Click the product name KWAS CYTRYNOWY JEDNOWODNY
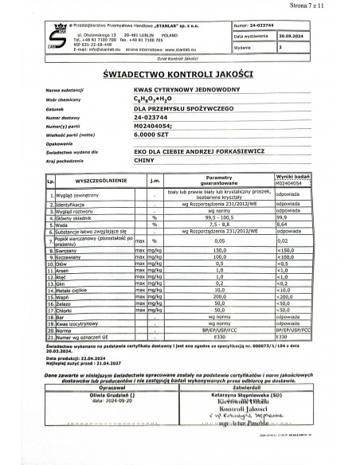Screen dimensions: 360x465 [177, 90]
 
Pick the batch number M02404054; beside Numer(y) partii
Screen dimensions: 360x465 [154, 125]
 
